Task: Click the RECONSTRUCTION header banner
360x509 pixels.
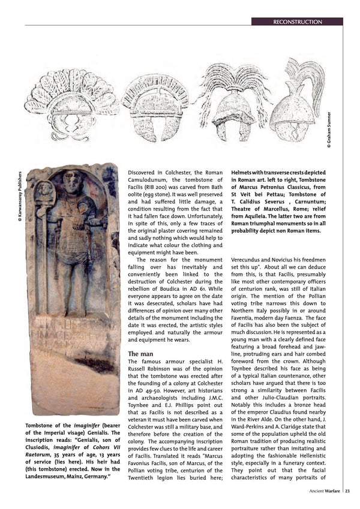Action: click(x=297, y=22)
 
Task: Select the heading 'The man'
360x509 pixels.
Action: click(x=141, y=354)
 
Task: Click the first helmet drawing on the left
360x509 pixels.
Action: click(x=71, y=102)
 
